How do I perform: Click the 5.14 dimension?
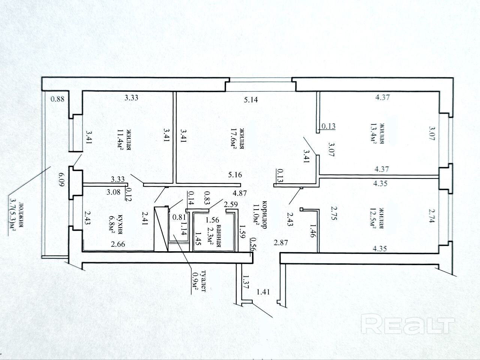coord(251,100)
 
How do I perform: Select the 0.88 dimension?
coord(58,99)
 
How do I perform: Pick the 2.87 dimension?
coord(281,243)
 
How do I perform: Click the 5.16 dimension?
coord(235,175)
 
